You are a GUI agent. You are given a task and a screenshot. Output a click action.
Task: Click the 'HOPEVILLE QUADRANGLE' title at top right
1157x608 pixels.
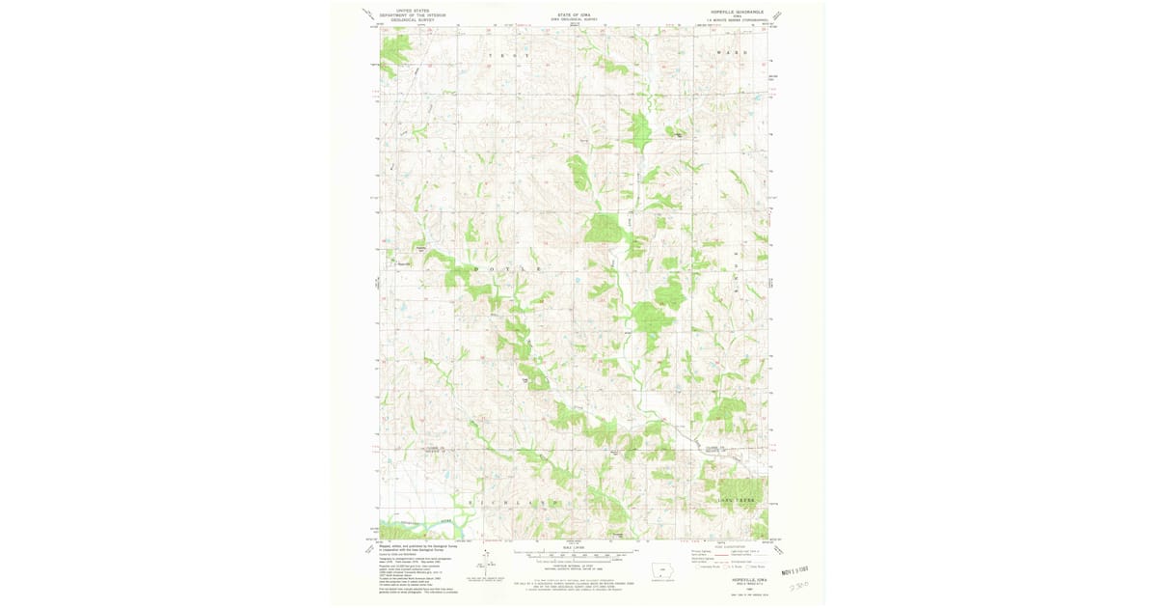pyautogui.click(x=736, y=12)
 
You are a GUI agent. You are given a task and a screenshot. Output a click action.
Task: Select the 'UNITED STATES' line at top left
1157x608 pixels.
pyautogui.click(x=405, y=11)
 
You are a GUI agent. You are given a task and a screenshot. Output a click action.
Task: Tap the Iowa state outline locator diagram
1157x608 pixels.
pyautogui.click(x=661, y=568)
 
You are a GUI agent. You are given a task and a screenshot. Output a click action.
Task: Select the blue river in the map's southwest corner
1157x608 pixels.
pyautogui.click(x=424, y=529)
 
